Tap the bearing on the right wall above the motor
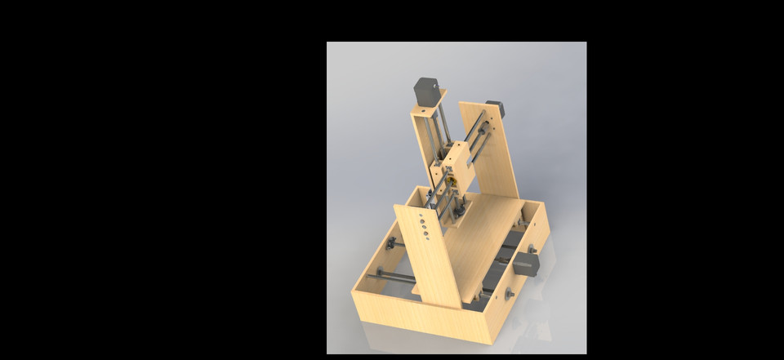[x=532, y=247]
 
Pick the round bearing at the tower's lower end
[x=460, y=210]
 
